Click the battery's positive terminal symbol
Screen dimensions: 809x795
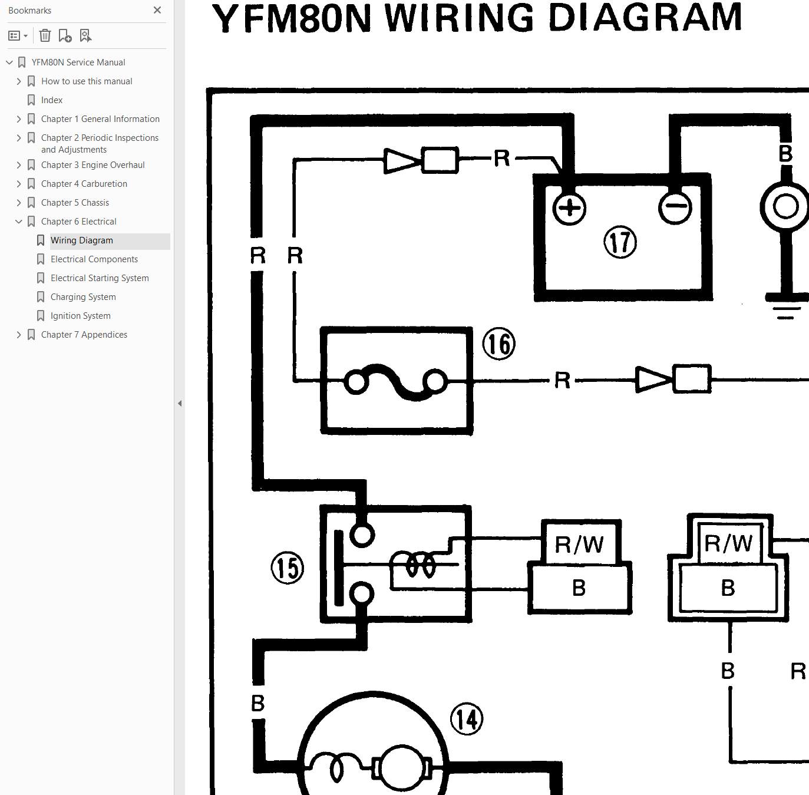[x=569, y=208]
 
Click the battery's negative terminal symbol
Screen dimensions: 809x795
[x=675, y=207]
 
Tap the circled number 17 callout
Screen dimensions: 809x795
[x=620, y=242]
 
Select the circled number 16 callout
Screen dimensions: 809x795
[x=498, y=344]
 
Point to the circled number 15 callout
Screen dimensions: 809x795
[x=288, y=568]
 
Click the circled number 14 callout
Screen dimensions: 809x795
[x=467, y=719]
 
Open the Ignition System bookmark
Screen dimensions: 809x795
[x=81, y=316]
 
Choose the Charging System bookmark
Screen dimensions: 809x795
[x=83, y=297]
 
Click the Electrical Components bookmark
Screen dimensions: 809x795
[x=94, y=259]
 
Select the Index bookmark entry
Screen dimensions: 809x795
[x=52, y=100]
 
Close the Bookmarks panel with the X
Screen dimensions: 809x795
[x=157, y=10]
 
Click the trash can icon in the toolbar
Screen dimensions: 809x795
[x=45, y=36]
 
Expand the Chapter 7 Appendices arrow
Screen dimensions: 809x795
[x=18, y=335]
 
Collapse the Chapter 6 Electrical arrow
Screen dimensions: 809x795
[x=18, y=222]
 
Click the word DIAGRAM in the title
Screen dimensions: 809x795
[x=645, y=18]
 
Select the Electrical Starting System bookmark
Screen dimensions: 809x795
[x=100, y=278]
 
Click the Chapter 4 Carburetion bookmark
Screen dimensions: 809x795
[x=84, y=183]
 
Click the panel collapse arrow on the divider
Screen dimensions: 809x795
[x=180, y=403]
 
